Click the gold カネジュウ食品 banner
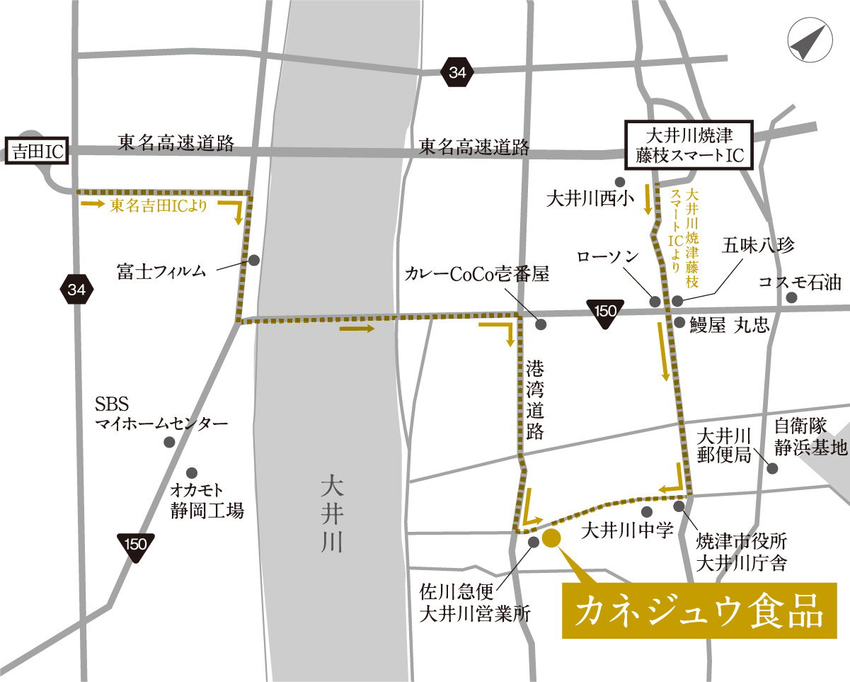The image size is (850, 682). (x=699, y=610)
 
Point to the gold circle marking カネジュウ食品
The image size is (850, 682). (x=552, y=538)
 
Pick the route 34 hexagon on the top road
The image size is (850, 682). (x=458, y=72)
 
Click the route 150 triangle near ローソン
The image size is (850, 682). (x=607, y=312)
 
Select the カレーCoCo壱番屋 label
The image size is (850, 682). (x=478, y=275)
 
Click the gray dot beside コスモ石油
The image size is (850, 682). (x=791, y=298)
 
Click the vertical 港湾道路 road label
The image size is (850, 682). (x=535, y=399)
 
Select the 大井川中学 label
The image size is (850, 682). (x=626, y=530)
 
